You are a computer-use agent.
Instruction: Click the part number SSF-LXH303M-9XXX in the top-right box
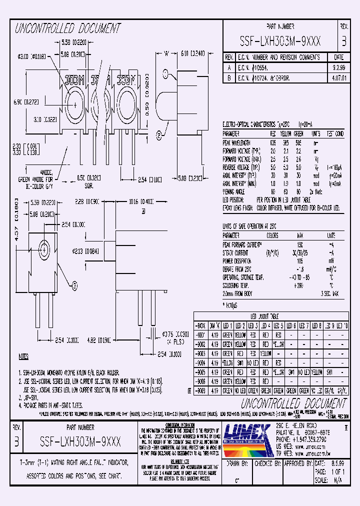tap(280, 40)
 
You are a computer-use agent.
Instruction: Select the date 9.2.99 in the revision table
tap(338, 66)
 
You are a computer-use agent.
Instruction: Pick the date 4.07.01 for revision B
tap(338, 78)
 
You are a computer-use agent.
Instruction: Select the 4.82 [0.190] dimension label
tap(99, 340)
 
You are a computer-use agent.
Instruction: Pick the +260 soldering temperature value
tap(300, 285)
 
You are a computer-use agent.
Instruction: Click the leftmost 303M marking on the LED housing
tap(73, 78)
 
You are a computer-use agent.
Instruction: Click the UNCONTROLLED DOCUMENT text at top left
tap(68, 28)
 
